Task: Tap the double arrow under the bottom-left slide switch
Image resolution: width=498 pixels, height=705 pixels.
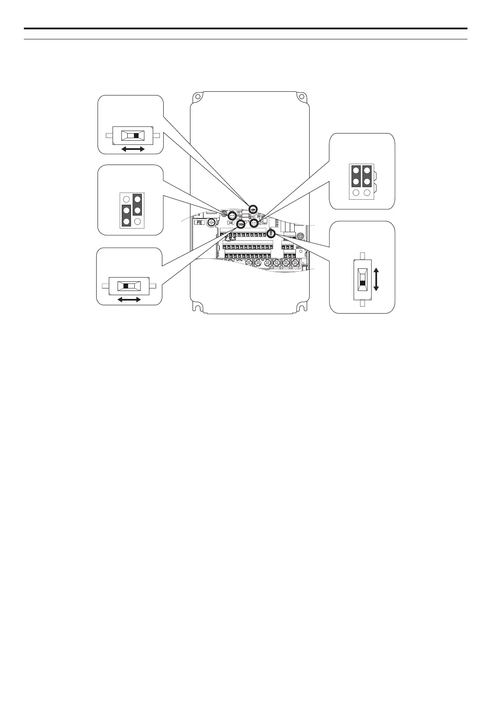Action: point(129,299)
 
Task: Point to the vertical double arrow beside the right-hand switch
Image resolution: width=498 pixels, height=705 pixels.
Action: point(376,280)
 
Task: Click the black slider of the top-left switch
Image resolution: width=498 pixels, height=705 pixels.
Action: point(136,136)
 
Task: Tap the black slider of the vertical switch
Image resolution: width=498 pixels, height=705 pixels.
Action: point(362,283)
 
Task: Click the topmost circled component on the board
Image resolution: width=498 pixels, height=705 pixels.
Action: point(253,209)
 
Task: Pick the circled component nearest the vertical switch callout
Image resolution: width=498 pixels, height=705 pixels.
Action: point(270,234)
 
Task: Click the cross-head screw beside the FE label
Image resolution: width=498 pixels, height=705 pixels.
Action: point(212,222)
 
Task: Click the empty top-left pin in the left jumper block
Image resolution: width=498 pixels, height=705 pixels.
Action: point(126,199)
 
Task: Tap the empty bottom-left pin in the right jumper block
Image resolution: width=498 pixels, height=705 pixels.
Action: point(356,193)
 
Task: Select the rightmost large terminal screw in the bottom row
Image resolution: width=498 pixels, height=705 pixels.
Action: point(295,263)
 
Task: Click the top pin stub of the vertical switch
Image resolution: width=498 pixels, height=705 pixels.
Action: point(362,255)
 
